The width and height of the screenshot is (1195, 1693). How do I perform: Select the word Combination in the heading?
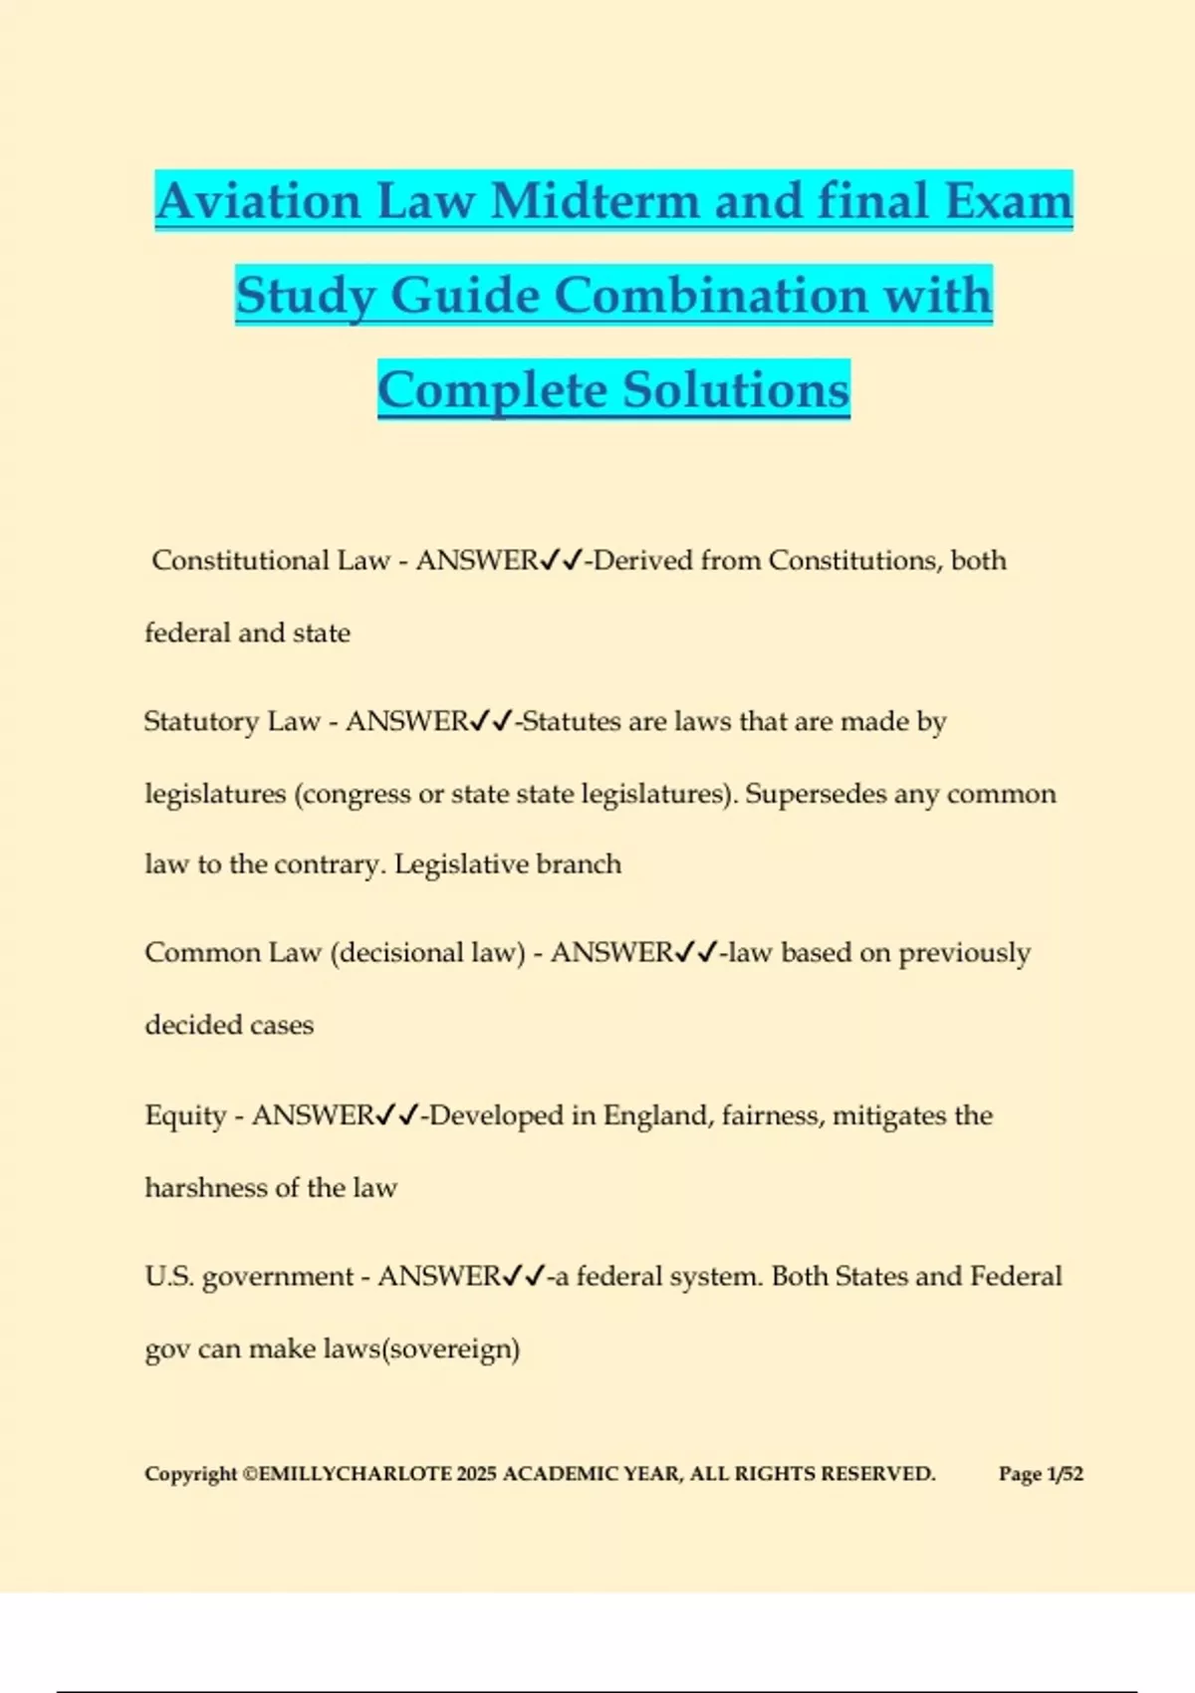pyautogui.click(x=711, y=296)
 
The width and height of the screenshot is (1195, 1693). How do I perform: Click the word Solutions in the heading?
pyautogui.click(x=736, y=390)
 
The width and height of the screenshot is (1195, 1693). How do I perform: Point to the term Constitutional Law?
pyautogui.click(x=270, y=561)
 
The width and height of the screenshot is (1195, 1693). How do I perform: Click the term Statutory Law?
pyautogui.click(x=231, y=721)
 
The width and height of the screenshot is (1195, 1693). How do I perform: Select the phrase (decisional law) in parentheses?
pyautogui.click(x=427, y=953)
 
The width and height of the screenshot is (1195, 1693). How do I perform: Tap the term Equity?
pyautogui.click(x=185, y=1115)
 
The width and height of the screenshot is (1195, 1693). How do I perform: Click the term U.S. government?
pyautogui.click(x=249, y=1277)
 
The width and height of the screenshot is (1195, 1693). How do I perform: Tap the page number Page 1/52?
pyautogui.click(x=1041, y=1474)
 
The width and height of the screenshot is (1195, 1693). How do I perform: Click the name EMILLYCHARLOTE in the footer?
pyautogui.click(x=355, y=1474)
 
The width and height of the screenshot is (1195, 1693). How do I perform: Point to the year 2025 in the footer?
pyautogui.click(x=476, y=1474)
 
